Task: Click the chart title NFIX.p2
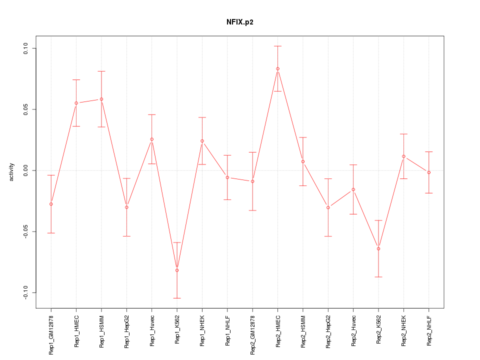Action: (240, 22)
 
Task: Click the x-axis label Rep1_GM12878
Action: (51, 335)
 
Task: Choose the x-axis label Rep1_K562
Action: (177, 330)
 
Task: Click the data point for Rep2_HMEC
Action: (277, 68)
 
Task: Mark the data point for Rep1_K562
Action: (177, 270)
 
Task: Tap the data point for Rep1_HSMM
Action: (101, 99)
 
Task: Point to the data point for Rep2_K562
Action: (378, 248)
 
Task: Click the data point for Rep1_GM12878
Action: (51, 204)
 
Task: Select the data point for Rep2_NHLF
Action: (428, 172)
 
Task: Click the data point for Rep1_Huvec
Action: (151, 139)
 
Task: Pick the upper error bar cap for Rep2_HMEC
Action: (277, 46)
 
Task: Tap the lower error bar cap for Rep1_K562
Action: (177, 298)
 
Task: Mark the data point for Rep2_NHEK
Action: (403, 156)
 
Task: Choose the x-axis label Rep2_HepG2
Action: (328, 332)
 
